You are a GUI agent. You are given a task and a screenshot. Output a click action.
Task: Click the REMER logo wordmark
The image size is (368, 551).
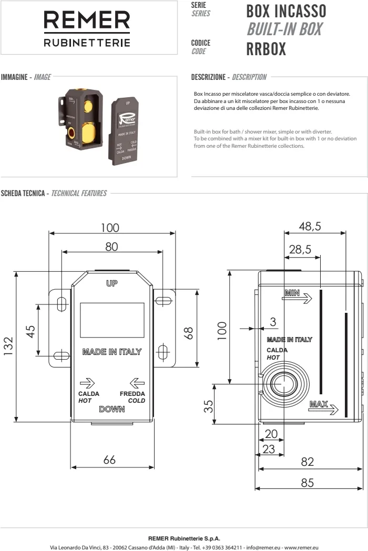point(87,20)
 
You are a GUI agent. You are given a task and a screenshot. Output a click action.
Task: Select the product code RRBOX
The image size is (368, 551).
point(266,49)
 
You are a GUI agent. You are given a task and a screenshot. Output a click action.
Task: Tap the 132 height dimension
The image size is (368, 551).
point(8,346)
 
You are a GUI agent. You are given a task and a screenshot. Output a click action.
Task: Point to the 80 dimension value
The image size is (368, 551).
point(111,247)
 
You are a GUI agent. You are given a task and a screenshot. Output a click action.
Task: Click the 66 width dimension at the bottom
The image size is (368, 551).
point(109,460)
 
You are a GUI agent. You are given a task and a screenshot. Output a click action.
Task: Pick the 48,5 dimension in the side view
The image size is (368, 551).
point(310,226)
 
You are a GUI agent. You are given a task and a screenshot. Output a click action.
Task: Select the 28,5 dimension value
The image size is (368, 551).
point(300,250)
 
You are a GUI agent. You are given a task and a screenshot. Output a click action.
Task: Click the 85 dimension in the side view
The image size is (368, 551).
point(307,483)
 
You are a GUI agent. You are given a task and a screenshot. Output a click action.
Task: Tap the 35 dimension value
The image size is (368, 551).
point(208,406)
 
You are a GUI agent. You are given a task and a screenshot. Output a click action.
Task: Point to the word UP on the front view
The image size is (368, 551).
point(112,283)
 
